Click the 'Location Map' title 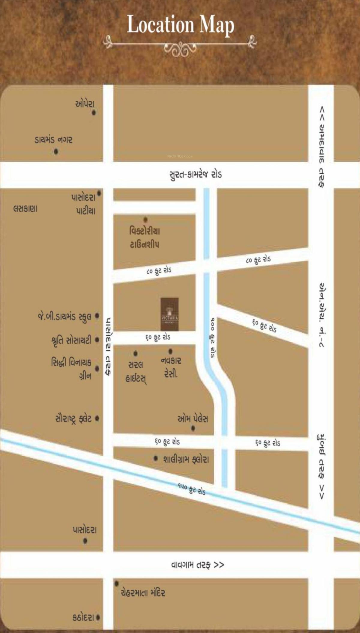(180, 25)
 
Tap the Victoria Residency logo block (169, 314)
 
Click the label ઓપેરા (85, 104)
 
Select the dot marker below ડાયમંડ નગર (56, 151)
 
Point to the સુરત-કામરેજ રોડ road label (196, 175)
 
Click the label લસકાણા (25, 209)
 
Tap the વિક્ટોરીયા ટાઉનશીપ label (145, 237)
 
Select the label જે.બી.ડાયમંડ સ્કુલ (64, 317)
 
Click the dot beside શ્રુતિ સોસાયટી (97, 340)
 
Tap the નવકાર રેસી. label (171, 367)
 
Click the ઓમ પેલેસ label (193, 419)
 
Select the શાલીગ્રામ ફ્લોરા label (186, 459)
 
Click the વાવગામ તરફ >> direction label (197, 565)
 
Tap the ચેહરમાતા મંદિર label (143, 592)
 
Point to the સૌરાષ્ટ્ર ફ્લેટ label (73, 418)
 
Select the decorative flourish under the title (180, 46)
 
